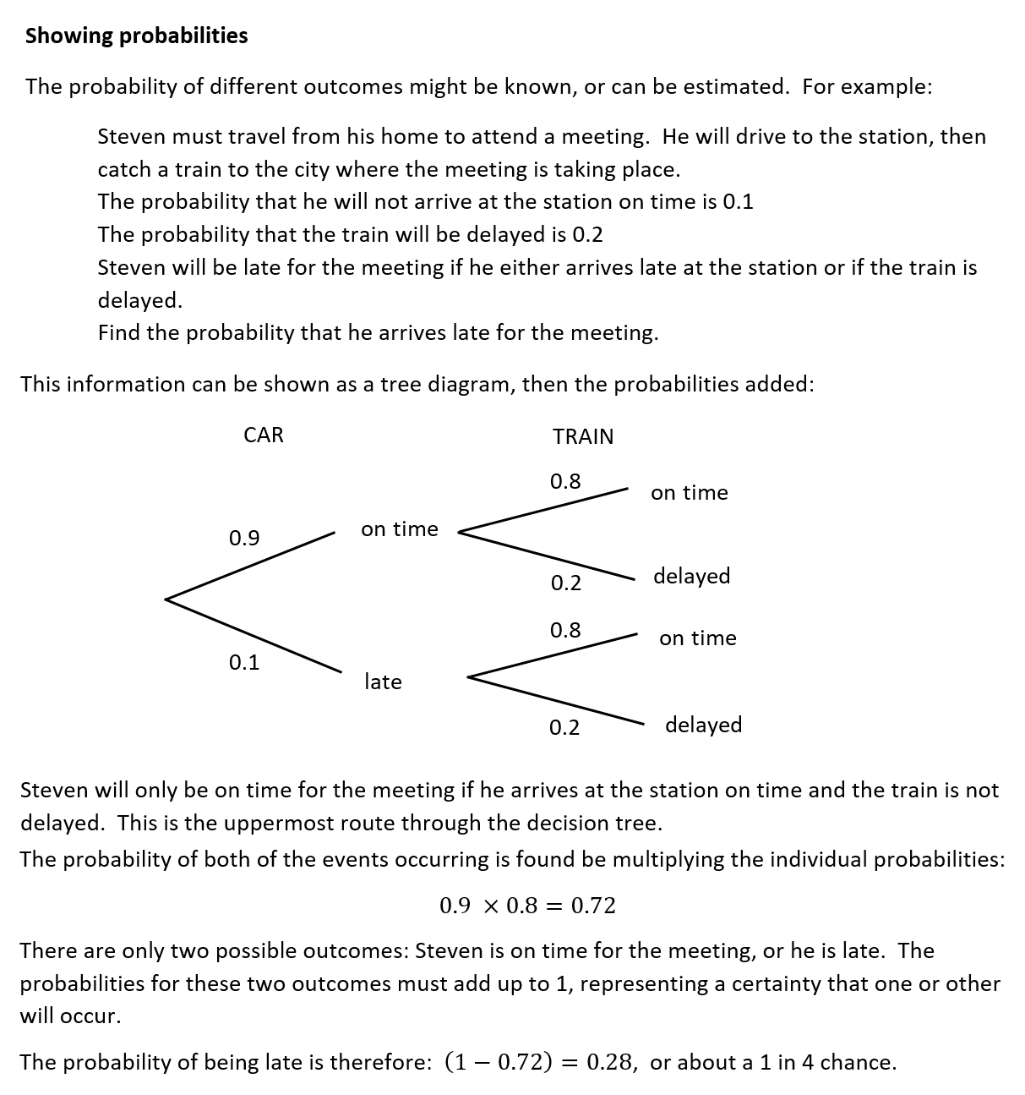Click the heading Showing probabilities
tap(136, 36)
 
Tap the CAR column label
tap(263, 435)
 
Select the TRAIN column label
tap(583, 437)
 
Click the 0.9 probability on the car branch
tap(244, 538)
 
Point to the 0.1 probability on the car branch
tap(244, 662)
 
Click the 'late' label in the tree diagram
tap(383, 682)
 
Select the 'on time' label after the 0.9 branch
tap(399, 529)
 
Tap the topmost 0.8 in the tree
tap(565, 482)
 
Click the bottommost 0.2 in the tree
tap(564, 727)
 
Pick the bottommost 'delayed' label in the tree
tap(703, 725)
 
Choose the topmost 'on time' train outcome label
tap(689, 493)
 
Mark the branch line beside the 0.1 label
tap(254, 636)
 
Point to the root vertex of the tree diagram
tap(166, 600)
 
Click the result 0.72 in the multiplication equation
tap(593, 906)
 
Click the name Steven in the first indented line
tap(131, 137)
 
